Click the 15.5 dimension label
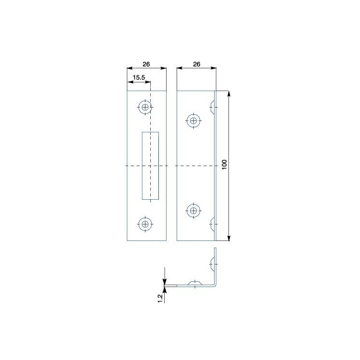click(139, 78)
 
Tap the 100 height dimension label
click(224, 165)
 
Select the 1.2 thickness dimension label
click(160, 299)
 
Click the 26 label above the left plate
click(146, 64)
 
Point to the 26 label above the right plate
click(196, 64)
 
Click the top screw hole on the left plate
click(145, 107)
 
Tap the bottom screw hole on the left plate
click(145, 224)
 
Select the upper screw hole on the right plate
click(193, 120)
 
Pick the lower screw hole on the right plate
click(193, 210)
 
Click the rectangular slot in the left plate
click(150, 166)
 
